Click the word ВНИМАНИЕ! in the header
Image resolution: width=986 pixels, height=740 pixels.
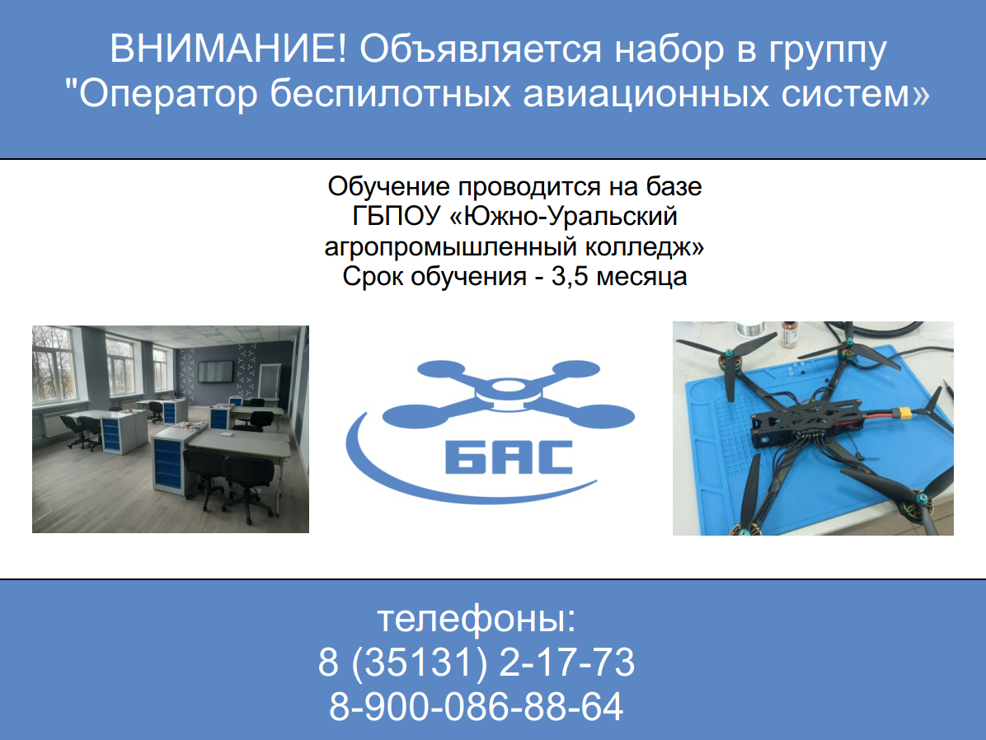(228, 49)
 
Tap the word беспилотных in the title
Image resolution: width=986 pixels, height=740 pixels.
(391, 94)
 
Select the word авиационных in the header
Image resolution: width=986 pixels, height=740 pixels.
(646, 94)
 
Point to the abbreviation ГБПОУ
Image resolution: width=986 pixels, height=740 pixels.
(396, 216)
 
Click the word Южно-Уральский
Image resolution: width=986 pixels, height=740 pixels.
(564, 216)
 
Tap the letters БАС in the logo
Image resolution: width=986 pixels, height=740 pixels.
(509, 457)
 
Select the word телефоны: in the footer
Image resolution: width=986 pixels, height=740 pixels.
(477, 619)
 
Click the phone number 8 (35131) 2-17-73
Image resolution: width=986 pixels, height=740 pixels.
(477, 663)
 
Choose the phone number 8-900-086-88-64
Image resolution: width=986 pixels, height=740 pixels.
(477, 707)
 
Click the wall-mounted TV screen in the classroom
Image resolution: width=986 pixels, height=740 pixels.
(215, 372)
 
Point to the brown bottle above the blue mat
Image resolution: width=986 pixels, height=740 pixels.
(788, 335)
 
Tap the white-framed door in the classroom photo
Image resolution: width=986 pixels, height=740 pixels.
(270, 382)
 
